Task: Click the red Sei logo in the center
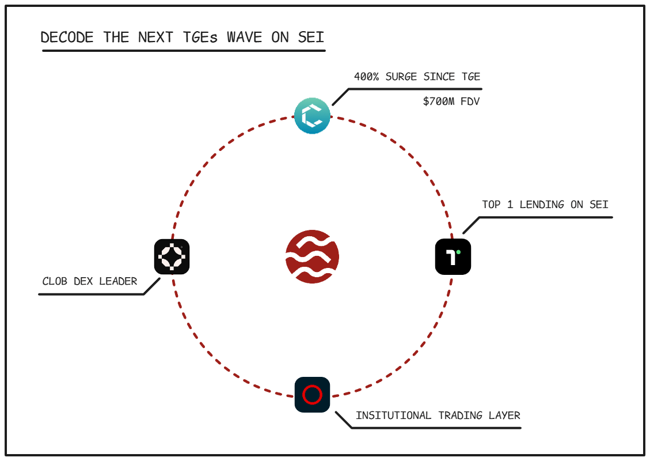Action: point(312,256)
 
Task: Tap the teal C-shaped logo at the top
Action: point(313,116)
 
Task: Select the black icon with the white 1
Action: point(453,256)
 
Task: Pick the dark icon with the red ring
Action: point(312,395)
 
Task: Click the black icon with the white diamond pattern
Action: point(172,256)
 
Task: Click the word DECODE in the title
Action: point(67,37)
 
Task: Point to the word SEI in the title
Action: point(310,37)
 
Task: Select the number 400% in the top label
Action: point(367,77)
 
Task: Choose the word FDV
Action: point(470,101)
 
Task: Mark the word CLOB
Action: point(55,282)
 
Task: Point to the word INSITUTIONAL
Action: point(393,415)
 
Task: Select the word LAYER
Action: point(504,415)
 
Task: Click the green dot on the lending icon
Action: point(458,252)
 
